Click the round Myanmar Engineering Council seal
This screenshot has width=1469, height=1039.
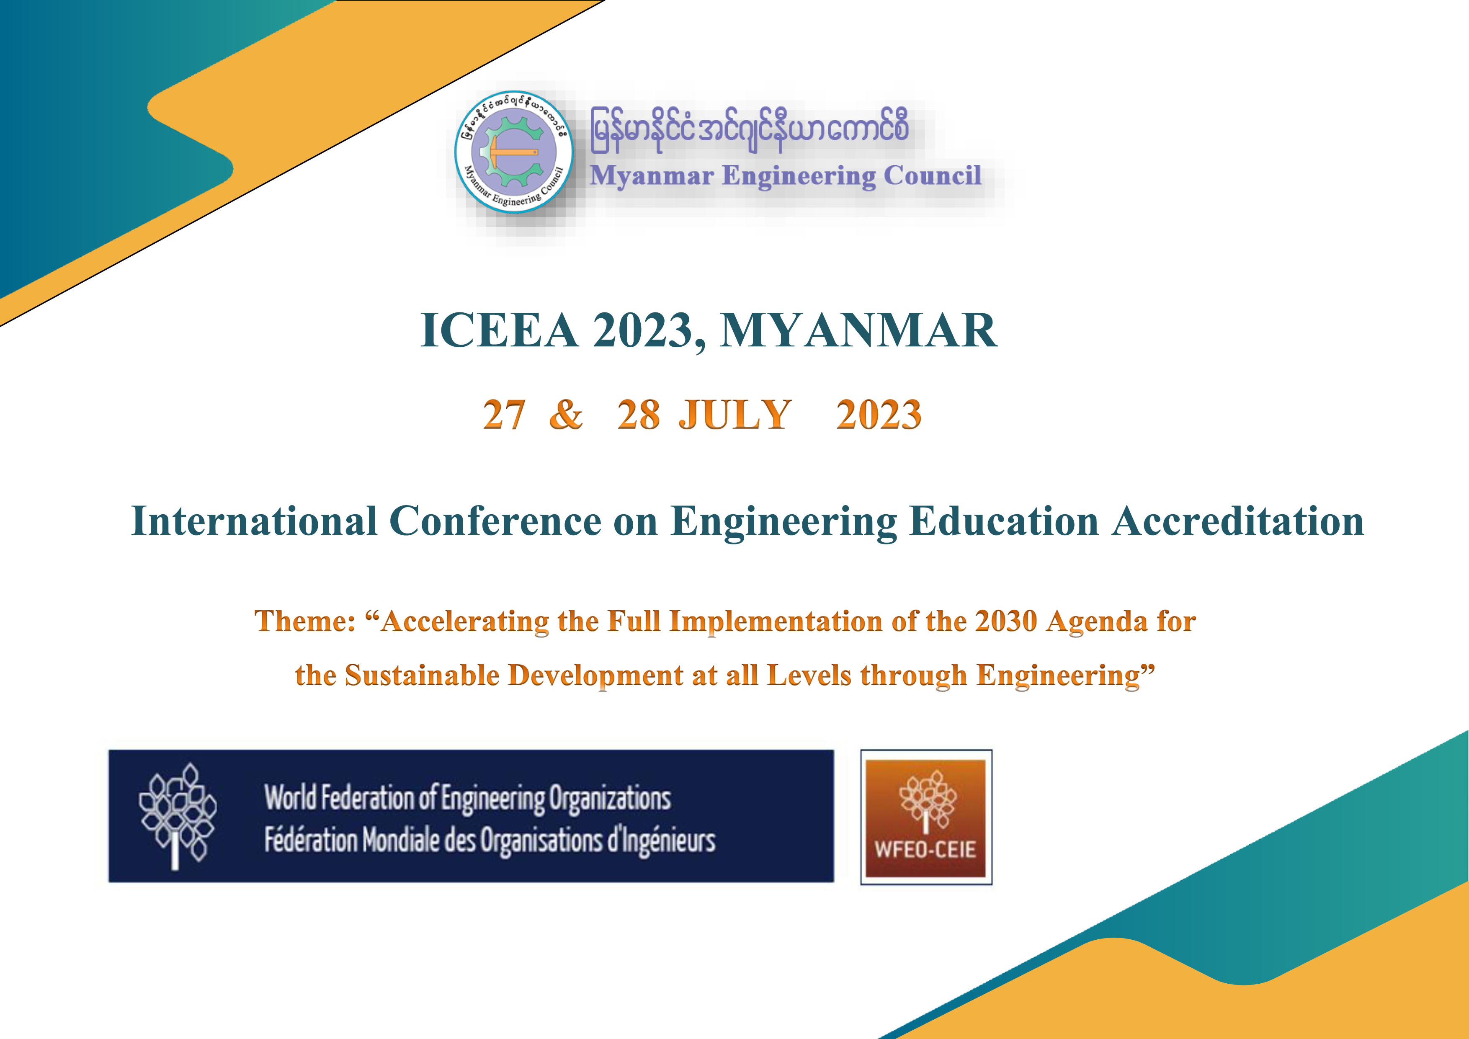pos(514,152)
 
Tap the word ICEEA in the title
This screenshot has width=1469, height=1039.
pos(500,331)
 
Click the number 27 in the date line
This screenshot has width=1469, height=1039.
pos(504,415)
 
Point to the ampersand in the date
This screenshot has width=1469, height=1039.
pos(566,415)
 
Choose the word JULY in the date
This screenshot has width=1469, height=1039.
pos(734,415)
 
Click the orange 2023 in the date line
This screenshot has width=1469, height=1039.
pos(879,415)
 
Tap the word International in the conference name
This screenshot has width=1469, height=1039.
pos(254,521)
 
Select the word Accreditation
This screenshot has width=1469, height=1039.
pos(1237,521)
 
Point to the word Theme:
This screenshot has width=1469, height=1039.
pos(304,621)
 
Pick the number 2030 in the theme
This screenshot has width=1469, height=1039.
pos(1006,621)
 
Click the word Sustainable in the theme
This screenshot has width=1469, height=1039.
pos(422,675)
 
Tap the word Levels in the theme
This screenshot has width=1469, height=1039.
pos(809,675)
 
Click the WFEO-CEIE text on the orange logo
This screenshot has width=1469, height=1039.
pos(925,850)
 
